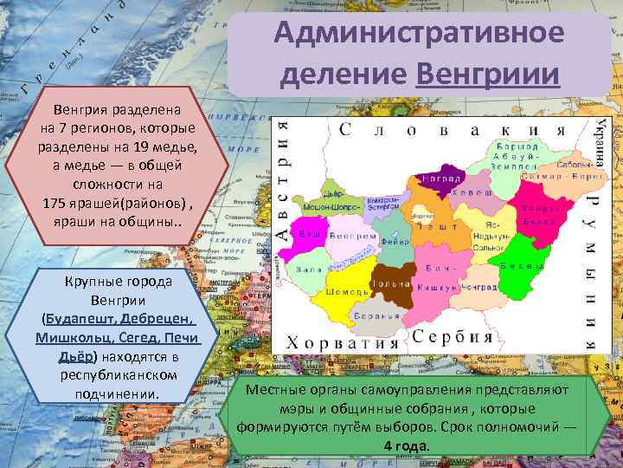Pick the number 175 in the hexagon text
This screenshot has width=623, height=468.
pyautogui.click(x=55, y=202)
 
